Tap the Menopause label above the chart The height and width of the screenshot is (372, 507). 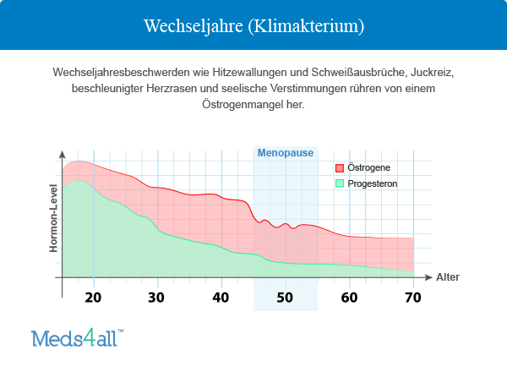click(286, 153)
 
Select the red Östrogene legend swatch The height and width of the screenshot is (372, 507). click(340, 168)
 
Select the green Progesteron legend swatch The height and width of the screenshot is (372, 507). click(340, 183)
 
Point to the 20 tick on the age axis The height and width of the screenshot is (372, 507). click(93, 297)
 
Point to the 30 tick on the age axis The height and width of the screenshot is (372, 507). click(156, 297)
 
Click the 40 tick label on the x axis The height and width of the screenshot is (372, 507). click(221, 297)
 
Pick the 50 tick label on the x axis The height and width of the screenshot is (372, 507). click(285, 297)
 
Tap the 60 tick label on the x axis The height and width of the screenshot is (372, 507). click(349, 297)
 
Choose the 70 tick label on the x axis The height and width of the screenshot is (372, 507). click(412, 297)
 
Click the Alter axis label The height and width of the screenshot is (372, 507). click(448, 277)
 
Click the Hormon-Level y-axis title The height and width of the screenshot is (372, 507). click(53, 218)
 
